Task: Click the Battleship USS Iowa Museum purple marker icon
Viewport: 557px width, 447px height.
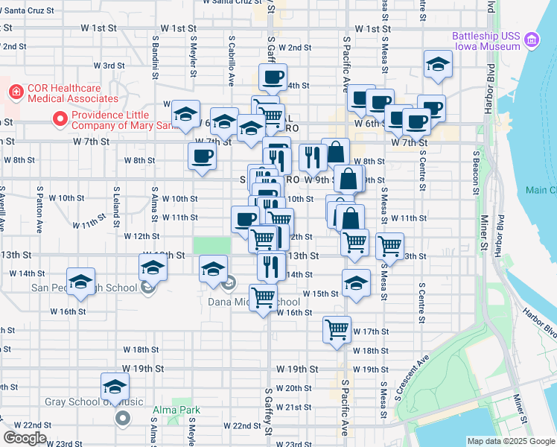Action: tap(532, 39)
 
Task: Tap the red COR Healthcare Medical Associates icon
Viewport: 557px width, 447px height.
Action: tap(15, 92)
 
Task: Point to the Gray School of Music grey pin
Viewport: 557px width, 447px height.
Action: tap(121, 418)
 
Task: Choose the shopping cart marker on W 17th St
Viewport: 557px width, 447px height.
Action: tap(337, 329)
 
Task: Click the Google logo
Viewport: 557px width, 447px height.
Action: tap(25, 437)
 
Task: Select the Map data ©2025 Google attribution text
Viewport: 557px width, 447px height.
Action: tap(510, 441)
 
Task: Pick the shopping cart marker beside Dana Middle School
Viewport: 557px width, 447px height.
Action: tap(263, 299)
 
